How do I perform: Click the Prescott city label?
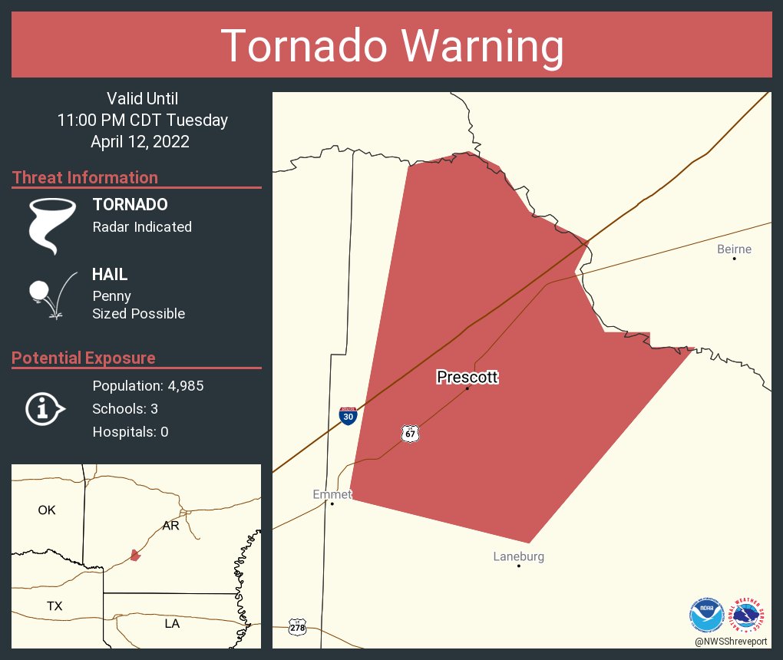pyautogui.click(x=467, y=377)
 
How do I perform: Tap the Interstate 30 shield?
pyautogui.click(x=348, y=416)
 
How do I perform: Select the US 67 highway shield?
pyautogui.click(x=411, y=434)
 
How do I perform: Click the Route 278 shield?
pyautogui.click(x=297, y=627)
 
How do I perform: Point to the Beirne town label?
pyautogui.click(x=734, y=249)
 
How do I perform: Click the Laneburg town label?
pyautogui.click(x=518, y=556)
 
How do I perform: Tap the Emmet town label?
pyautogui.click(x=332, y=494)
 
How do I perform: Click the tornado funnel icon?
pyautogui.click(x=51, y=226)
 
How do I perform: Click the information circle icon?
pyautogui.click(x=45, y=408)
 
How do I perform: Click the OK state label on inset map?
pyautogui.click(x=47, y=510)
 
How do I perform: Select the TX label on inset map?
pyautogui.click(x=54, y=606)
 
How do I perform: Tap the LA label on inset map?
pyautogui.click(x=172, y=624)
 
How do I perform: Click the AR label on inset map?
pyautogui.click(x=170, y=526)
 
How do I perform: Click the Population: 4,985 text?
pyautogui.click(x=147, y=385)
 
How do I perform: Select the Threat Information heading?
pyautogui.click(x=85, y=177)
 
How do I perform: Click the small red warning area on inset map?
pyautogui.click(x=135, y=555)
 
